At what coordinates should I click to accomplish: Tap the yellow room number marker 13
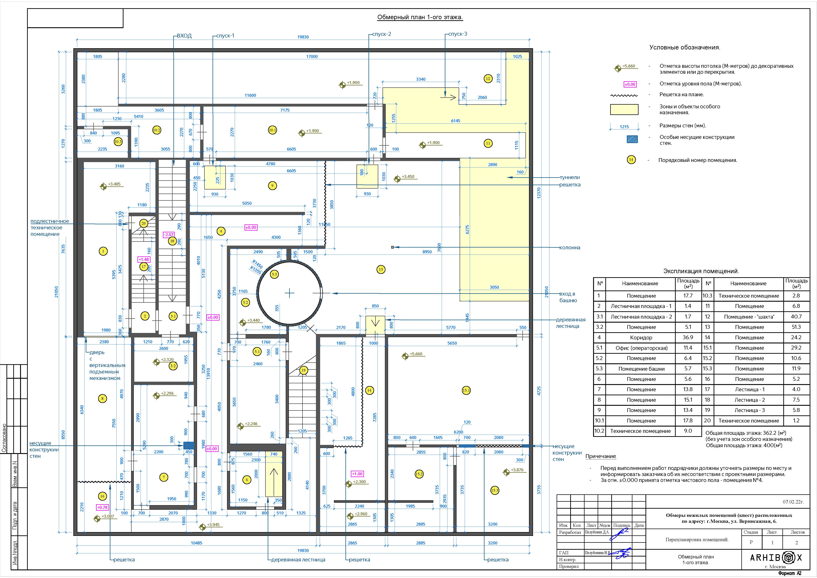click(381, 269)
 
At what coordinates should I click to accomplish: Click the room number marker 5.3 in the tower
click(274, 274)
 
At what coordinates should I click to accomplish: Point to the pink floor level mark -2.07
click(169, 235)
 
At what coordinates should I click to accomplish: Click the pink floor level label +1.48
click(144, 259)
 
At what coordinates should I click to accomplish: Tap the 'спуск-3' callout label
click(458, 34)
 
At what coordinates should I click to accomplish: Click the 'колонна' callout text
click(570, 248)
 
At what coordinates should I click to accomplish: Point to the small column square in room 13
click(392, 247)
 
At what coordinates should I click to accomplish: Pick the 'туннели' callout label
click(570, 177)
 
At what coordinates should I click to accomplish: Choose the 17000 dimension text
click(312, 57)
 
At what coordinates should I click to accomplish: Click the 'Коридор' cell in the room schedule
click(641, 337)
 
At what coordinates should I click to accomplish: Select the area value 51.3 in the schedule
click(796, 327)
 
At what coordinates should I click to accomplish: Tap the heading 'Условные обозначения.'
click(685, 47)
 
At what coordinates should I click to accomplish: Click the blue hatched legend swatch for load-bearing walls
click(632, 139)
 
